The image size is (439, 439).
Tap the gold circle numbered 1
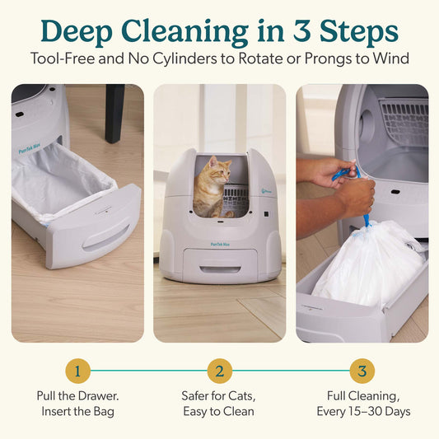(x=77, y=371)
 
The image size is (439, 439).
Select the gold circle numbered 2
(x=219, y=371)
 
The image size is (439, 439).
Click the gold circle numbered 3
(x=362, y=371)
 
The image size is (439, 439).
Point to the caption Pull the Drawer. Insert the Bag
(x=77, y=403)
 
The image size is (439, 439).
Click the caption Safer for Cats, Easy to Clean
(x=219, y=403)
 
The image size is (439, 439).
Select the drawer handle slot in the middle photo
(x=220, y=269)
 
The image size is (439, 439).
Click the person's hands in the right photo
(x=346, y=185)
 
